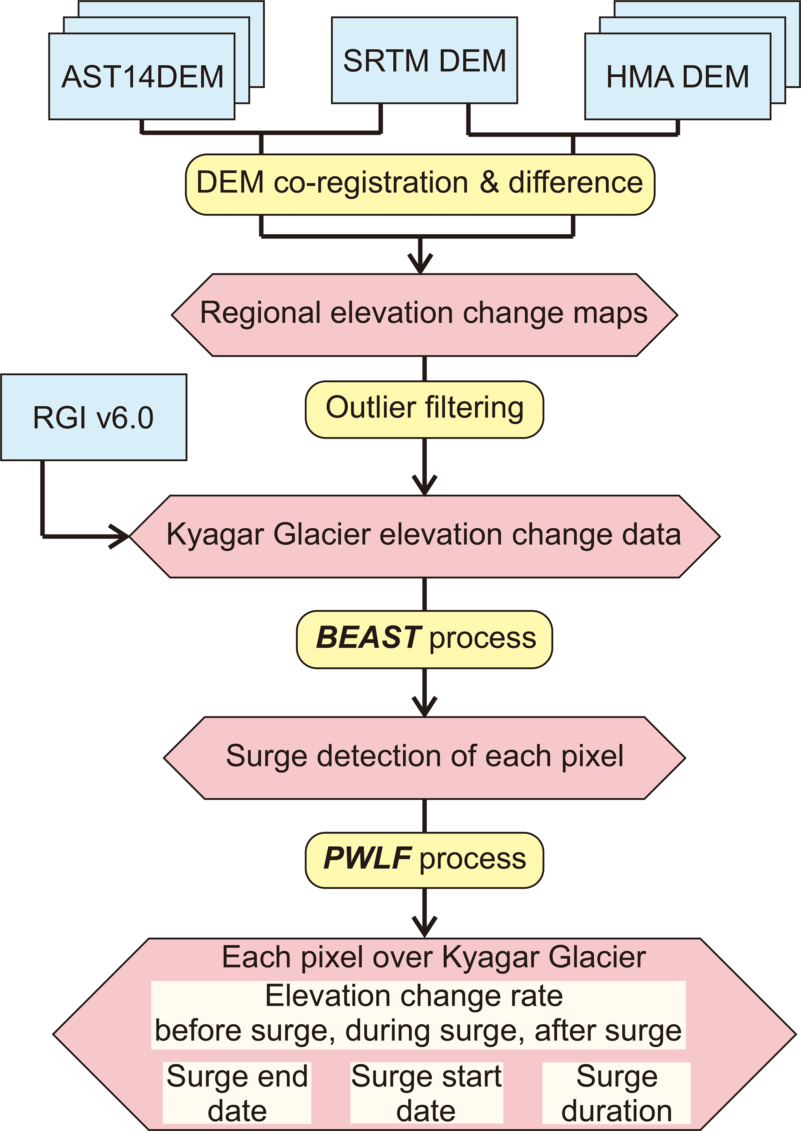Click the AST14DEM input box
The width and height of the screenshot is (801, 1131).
point(142,76)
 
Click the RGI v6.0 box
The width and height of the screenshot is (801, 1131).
point(94,418)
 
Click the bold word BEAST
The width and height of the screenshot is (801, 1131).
point(368,637)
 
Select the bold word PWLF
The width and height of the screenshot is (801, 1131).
point(367,858)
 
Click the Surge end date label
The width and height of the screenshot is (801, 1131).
point(237,1093)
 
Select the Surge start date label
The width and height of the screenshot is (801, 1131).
point(426,1093)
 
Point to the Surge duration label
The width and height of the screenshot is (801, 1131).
point(617,1093)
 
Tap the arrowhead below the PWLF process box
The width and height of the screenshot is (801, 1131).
point(424,927)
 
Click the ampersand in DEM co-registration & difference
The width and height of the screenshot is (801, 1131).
point(489,182)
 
